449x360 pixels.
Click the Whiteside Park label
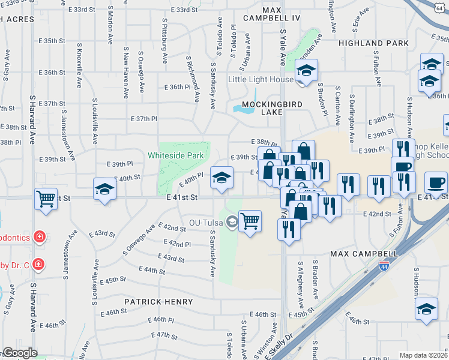tap(176, 155)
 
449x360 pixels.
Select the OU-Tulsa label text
tap(206, 223)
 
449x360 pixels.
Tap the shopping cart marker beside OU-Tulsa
tap(250, 221)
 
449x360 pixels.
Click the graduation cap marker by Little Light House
tap(306, 71)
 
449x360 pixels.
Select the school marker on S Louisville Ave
tap(105, 190)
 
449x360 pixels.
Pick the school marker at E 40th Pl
tap(221, 178)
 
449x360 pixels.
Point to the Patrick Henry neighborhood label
tap(158, 302)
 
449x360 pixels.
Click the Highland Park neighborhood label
tap(373, 43)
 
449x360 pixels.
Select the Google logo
tap(20, 353)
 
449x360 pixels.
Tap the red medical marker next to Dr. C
tap(38, 263)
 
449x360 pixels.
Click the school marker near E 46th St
tap(426, 309)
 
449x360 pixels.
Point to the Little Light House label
tap(261, 79)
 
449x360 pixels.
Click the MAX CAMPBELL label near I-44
tap(364, 254)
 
